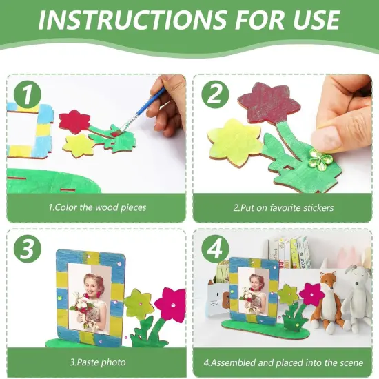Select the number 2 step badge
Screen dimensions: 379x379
click(x=214, y=95)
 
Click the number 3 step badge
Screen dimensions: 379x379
click(x=25, y=249)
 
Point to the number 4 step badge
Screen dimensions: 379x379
click(x=214, y=249)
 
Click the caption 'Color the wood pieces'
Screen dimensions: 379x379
click(x=96, y=207)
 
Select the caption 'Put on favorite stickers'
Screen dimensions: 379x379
click(x=283, y=207)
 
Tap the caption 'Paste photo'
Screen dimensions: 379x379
click(x=96, y=362)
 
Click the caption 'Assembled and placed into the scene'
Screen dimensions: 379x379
click(x=283, y=362)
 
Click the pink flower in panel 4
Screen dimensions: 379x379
click(x=311, y=292)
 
